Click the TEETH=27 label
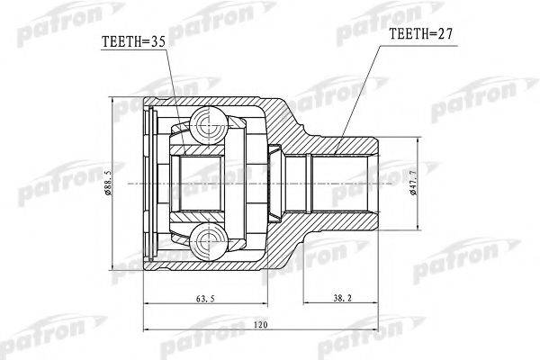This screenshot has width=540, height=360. coord(420,37)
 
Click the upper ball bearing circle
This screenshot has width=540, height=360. coord(207,122)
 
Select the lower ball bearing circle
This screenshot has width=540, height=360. coord(207,238)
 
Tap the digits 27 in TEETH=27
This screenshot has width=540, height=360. coord(443,37)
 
